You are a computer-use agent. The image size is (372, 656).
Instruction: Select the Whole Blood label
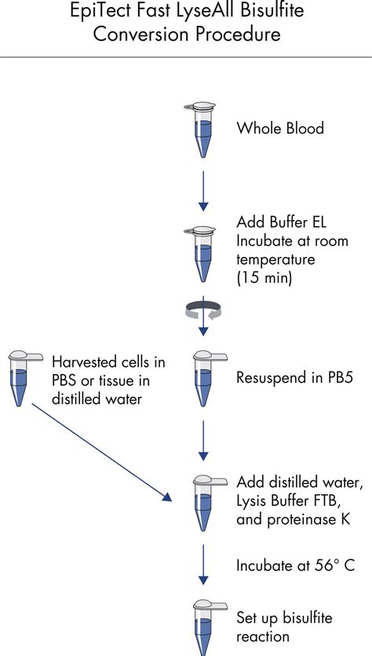pos(280,128)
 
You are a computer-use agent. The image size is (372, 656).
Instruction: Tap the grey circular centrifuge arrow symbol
pos(203,311)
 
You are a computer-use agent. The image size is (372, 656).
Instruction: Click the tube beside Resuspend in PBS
pos(203,377)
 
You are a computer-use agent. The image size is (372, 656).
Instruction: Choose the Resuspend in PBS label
pos(294,377)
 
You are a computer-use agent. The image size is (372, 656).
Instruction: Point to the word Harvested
pos(86,362)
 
